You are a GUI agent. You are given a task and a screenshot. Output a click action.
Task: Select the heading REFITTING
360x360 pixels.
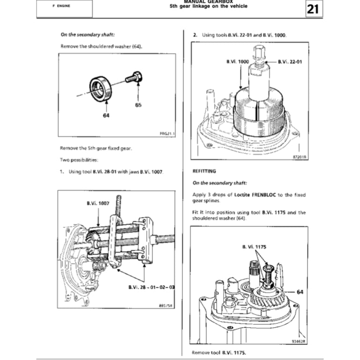(x=204, y=172)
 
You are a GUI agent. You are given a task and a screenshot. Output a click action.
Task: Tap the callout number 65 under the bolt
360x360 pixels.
(x=138, y=105)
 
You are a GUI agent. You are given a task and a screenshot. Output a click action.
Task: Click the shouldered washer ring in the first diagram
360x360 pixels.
(x=102, y=88)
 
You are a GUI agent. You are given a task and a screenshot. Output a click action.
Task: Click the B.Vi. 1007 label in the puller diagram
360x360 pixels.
(x=97, y=203)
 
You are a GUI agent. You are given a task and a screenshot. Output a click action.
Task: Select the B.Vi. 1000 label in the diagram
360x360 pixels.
(x=237, y=61)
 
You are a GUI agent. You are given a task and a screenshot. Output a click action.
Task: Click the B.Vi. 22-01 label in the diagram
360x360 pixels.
(x=290, y=61)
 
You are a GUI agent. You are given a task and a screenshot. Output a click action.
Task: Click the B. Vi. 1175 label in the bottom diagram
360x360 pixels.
(x=254, y=246)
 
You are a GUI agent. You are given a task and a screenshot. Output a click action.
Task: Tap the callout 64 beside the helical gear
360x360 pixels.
(x=300, y=291)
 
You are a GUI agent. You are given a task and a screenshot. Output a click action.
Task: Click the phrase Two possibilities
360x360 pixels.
(x=79, y=160)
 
